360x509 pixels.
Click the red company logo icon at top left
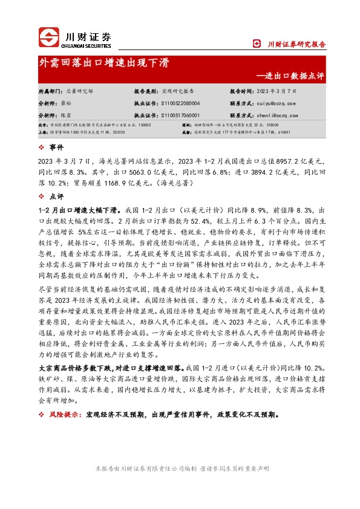pyautogui.click(x=49, y=38)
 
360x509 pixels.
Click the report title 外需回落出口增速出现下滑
pyautogui.click(x=104, y=63)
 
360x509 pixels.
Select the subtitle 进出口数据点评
pyautogui.click(x=295, y=77)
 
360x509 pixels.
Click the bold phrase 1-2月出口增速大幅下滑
pyautogui.click(x=76, y=209)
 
